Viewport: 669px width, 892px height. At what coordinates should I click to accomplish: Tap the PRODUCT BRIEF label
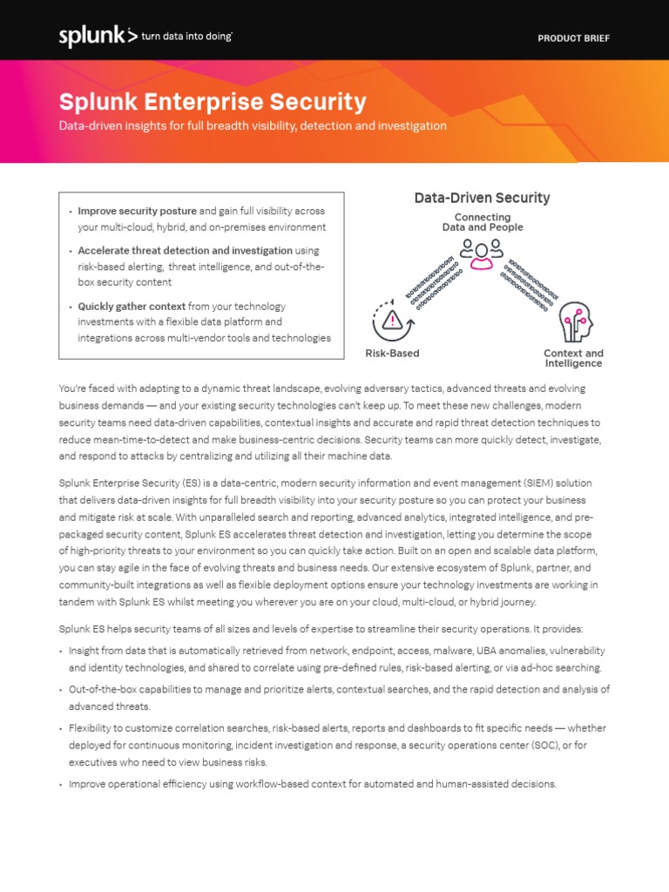tap(573, 38)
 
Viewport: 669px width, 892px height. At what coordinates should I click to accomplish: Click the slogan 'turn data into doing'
tap(186, 37)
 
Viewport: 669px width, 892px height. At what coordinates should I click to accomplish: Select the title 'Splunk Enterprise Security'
tap(213, 102)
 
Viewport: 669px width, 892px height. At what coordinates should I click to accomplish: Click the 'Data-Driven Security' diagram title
tap(482, 198)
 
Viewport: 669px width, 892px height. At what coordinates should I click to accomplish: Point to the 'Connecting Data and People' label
tap(482, 222)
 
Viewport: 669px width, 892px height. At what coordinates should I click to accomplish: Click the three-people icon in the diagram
tap(482, 253)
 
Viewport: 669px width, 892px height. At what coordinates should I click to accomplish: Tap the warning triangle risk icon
tap(392, 321)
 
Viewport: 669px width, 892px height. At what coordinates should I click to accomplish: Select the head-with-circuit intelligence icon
tap(575, 321)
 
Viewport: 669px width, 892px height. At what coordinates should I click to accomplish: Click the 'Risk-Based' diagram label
tap(392, 354)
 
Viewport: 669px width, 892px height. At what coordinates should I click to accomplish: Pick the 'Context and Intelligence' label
tap(573, 358)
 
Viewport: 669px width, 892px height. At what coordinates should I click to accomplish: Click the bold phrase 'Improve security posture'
tap(138, 211)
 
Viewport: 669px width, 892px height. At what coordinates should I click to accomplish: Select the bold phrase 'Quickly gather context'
tap(132, 307)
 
